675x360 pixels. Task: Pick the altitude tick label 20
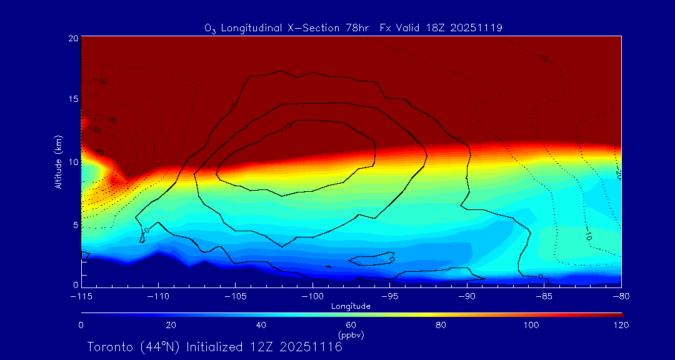[72, 38]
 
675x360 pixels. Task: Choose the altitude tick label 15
[72, 99]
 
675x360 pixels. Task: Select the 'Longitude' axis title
[351, 306]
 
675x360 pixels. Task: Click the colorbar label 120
[621, 325]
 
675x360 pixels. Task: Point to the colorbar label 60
[351, 325]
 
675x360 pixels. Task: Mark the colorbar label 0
[81, 325]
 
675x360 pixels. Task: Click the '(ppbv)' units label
[351, 335]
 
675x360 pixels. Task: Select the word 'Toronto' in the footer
[111, 347]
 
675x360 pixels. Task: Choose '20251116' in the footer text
[311, 347]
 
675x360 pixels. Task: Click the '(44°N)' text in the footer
[159, 347]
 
